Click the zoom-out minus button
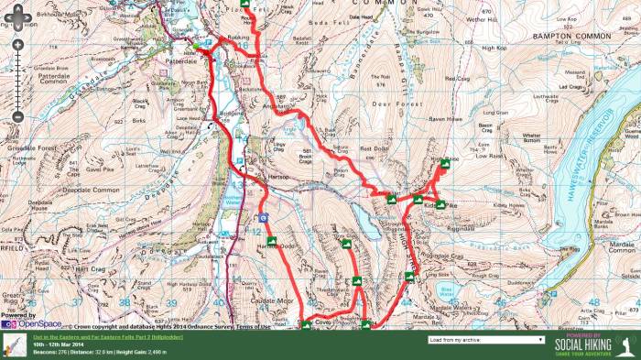17,117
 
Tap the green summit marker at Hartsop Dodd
270,242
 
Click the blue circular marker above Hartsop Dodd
264,218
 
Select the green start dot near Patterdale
195,45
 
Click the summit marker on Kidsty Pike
440,204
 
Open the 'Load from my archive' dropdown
485,339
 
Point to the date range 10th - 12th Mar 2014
61,344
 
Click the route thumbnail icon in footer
14,344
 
